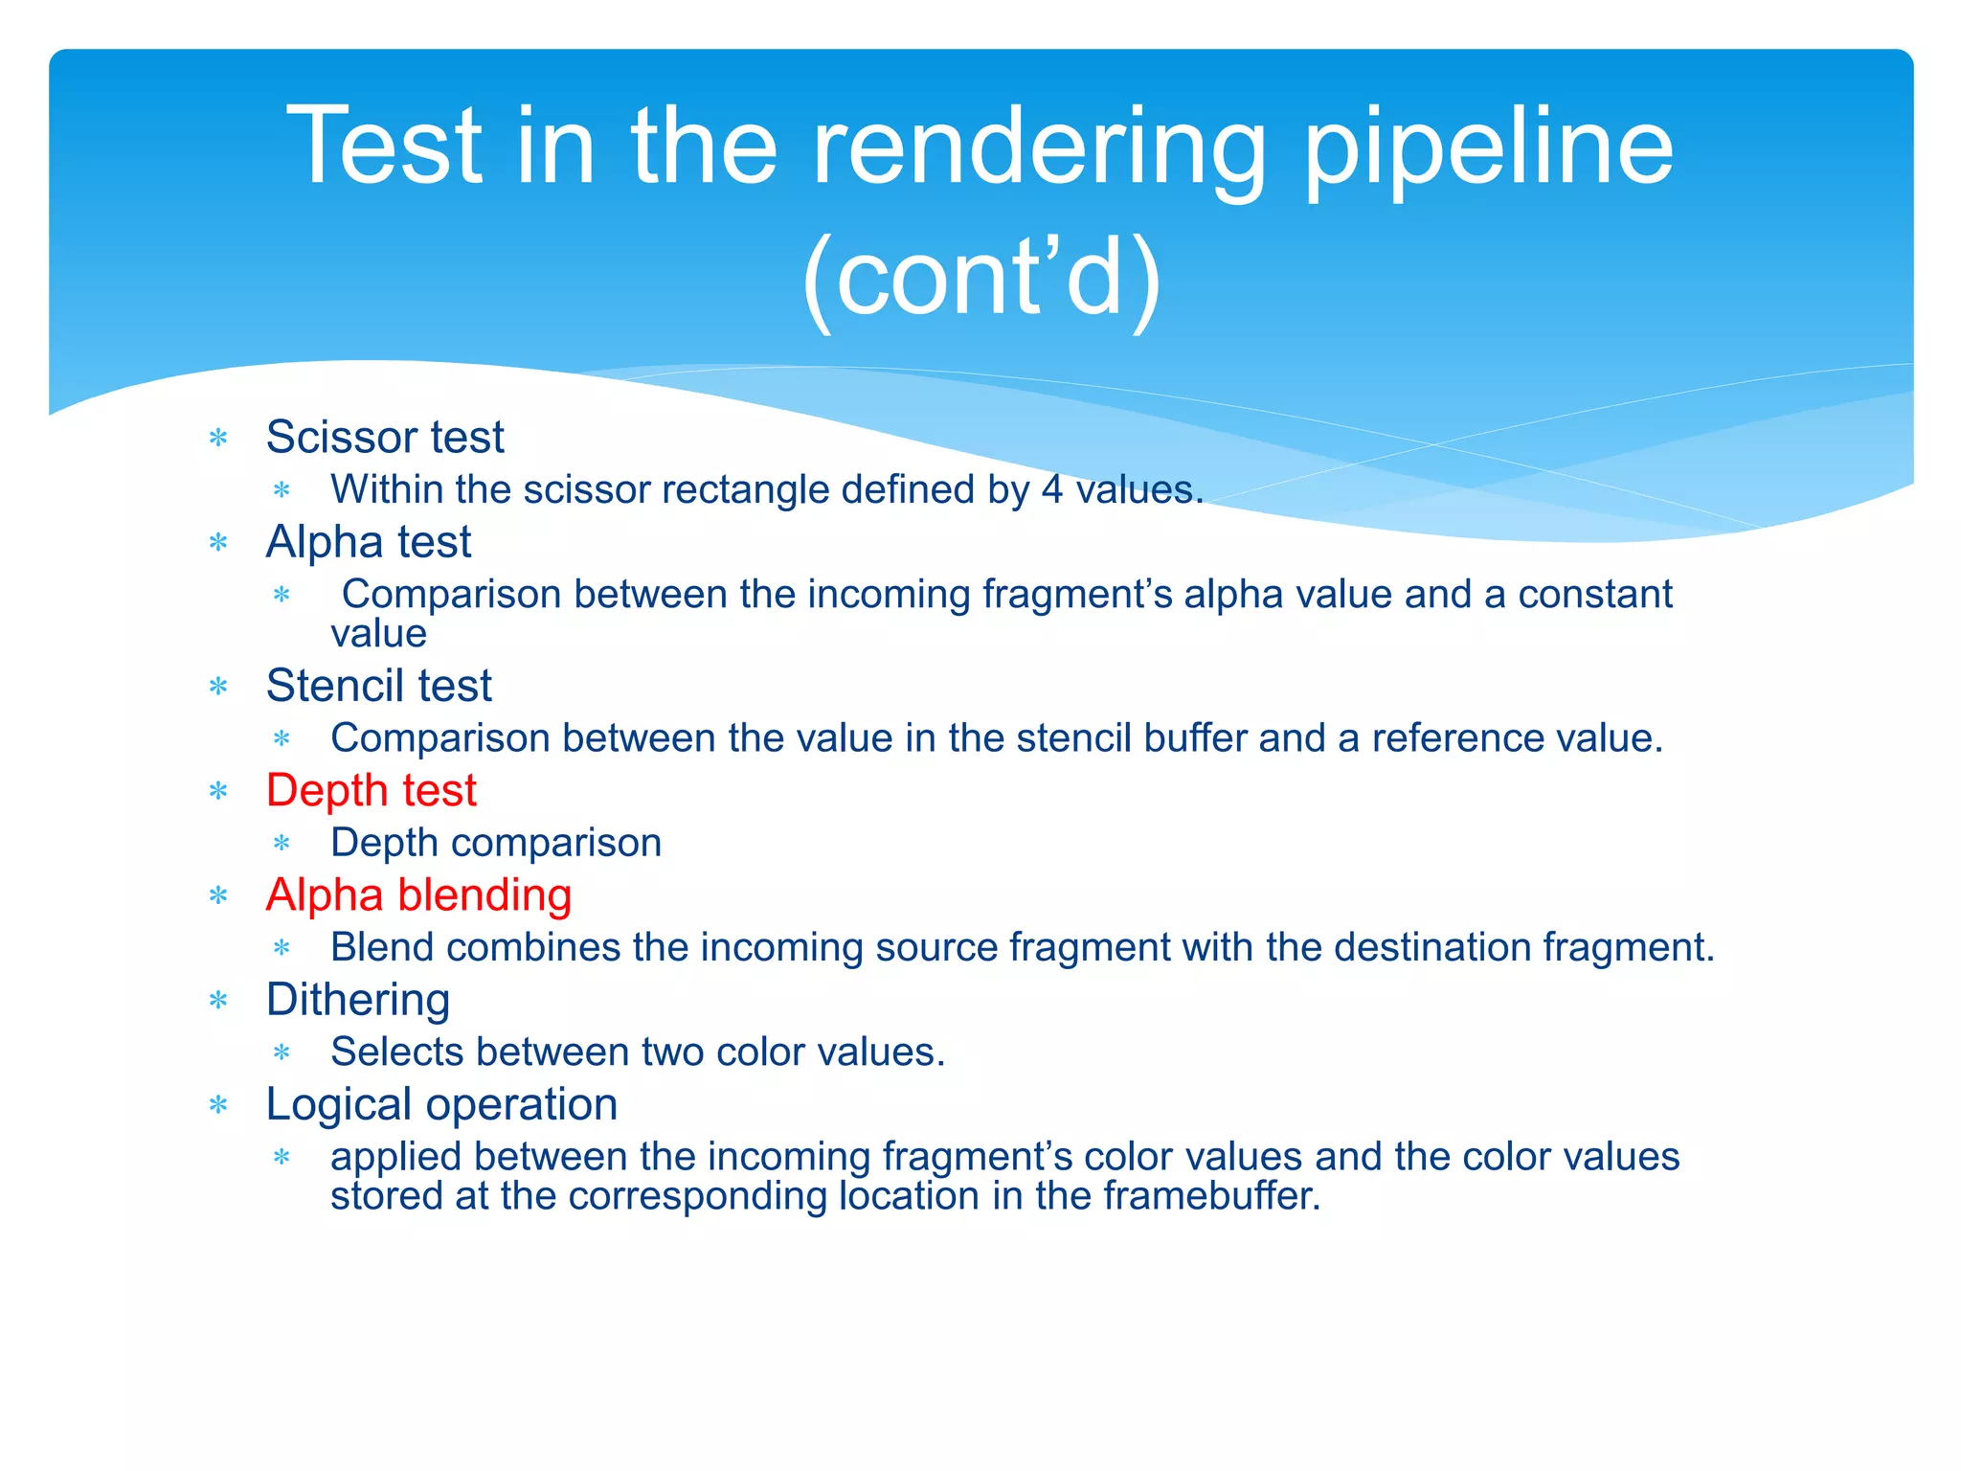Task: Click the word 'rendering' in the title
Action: [x=1040, y=148]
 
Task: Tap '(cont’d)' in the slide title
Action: [x=980, y=279]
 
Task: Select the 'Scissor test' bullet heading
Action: [x=384, y=438]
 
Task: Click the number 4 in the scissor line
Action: [x=1052, y=490]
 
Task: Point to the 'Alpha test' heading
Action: [x=369, y=542]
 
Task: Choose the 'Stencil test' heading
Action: [x=378, y=686]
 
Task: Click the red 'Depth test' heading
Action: [x=371, y=791]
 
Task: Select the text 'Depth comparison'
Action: [x=496, y=843]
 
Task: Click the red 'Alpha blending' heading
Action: [x=418, y=895]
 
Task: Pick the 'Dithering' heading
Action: [x=358, y=1000]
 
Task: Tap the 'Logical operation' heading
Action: [x=441, y=1105]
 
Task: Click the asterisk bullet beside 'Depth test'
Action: [x=218, y=792]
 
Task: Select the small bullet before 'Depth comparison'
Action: [x=282, y=844]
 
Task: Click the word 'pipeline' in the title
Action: [x=1489, y=148]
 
